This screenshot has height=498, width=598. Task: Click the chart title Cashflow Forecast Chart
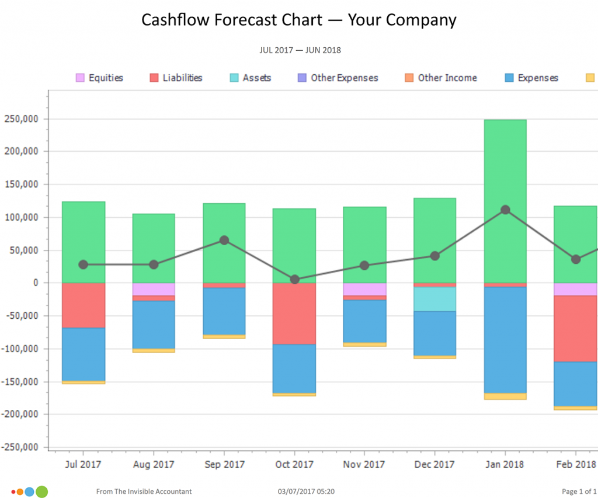(x=232, y=20)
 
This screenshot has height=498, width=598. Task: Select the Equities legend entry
(x=99, y=78)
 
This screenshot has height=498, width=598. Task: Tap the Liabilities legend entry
(x=176, y=78)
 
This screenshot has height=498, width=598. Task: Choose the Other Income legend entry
(x=440, y=78)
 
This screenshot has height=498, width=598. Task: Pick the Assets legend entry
(x=250, y=78)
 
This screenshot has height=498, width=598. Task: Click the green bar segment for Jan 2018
(x=505, y=201)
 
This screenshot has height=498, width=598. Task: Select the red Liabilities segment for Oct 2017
(x=294, y=314)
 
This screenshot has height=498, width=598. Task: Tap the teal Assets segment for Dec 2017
(x=434, y=299)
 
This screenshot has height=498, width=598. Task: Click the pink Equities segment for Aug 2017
(x=154, y=289)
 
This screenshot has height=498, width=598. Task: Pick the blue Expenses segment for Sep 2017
(x=224, y=311)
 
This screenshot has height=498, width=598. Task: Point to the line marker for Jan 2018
(x=505, y=210)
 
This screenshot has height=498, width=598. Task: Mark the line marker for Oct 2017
(x=294, y=280)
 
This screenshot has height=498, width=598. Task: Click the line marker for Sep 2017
(x=224, y=240)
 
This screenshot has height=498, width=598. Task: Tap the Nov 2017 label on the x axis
(x=364, y=464)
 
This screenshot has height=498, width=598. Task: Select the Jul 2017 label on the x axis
(x=83, y=464)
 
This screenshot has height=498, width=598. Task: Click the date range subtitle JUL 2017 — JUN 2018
(x=300, y=50)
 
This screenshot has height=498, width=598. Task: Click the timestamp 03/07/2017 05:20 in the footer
(x=306, y=492)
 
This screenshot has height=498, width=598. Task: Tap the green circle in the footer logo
(x=42, y=492)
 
